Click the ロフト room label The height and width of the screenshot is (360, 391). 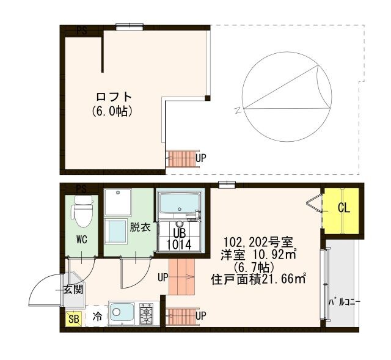pos(114,98)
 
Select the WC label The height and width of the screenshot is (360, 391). pos(82,239)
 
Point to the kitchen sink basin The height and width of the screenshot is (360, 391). pos(122,314)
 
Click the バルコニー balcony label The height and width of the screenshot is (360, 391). pos(345,302)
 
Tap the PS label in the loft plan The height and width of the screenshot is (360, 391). pos(81,30)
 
